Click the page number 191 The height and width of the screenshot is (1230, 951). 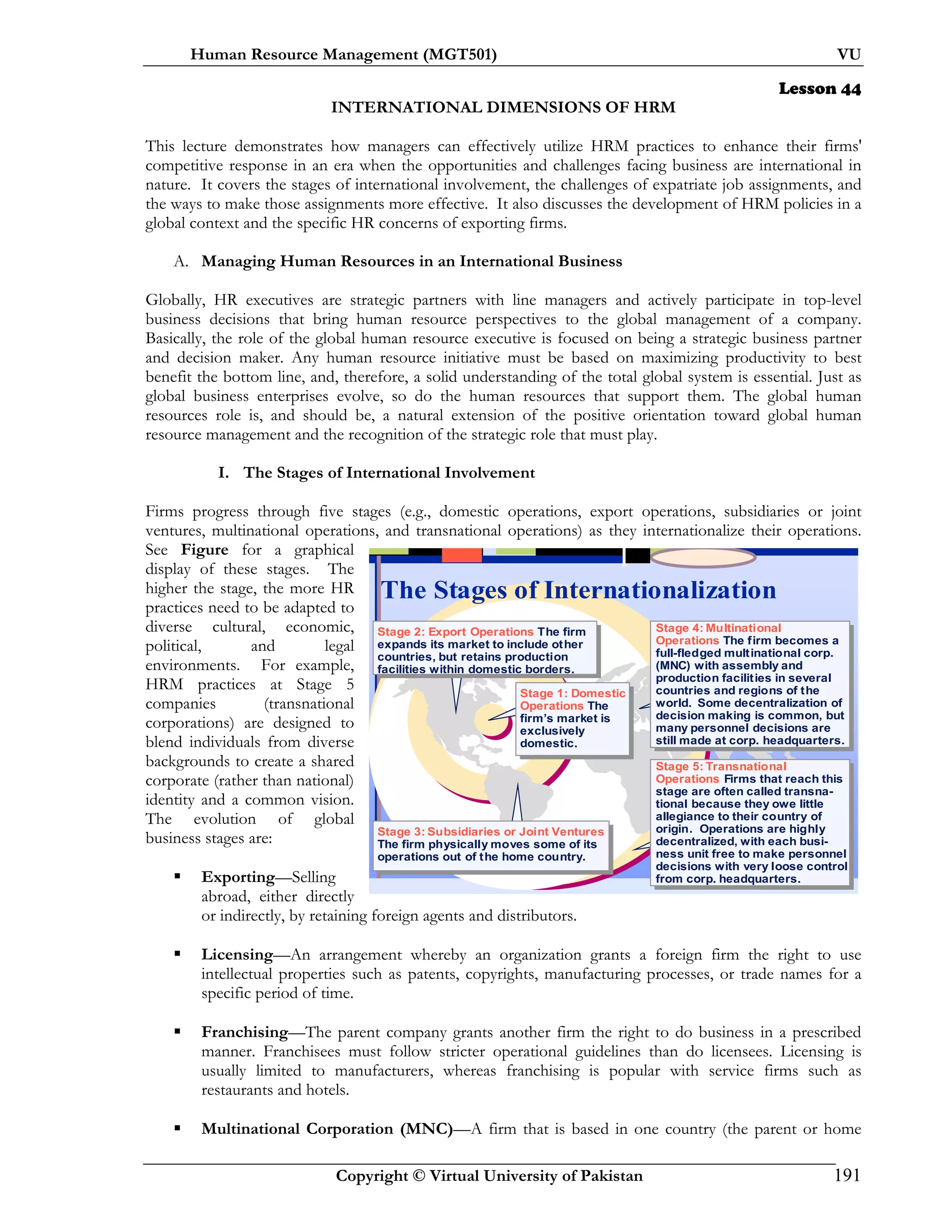[x=847, y=1175]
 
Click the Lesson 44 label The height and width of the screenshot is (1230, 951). [x=819, y=89]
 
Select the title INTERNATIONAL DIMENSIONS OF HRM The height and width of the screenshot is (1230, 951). [x=502, y=107]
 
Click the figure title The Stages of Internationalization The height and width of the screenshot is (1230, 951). [x=578, y=590]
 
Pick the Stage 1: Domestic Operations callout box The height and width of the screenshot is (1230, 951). [x=573, y=718]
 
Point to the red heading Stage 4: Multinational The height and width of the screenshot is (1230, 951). [x=718, y=628]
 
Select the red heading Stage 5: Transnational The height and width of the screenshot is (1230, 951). [x=720, y=766]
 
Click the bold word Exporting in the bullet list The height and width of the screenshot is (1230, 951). [x=238, y=877]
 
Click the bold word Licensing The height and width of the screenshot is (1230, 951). [x=237, y=955]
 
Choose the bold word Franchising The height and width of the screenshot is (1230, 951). [x=245, y=1032]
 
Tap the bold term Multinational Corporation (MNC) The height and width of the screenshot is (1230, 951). [x=327, y=1129]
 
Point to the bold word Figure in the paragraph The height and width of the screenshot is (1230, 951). [x=204, y=550]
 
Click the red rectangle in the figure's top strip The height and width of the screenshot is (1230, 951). [x=462, y=555]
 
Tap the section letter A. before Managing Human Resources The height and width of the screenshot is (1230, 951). [x=180, y=261]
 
